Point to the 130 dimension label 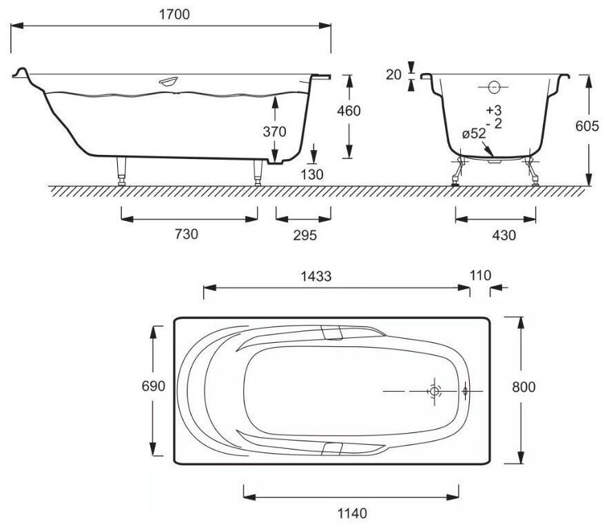[312, 174]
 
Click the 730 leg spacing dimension [186, 235]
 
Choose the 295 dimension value [304, 235]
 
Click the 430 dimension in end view [504, 235]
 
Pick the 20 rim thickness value [394, 74]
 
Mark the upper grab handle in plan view [333, 334]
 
